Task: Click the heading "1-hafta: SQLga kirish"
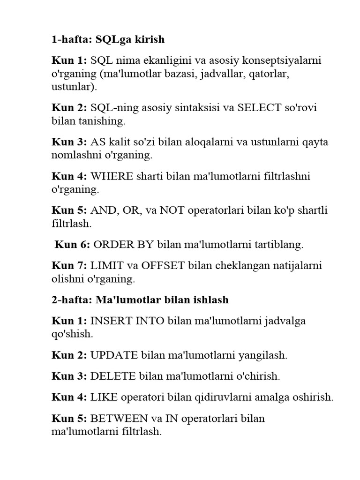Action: click(x=108, y=39)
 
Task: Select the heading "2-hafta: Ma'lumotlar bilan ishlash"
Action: click(x=140, y=300)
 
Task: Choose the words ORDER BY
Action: click(x=124, y=244)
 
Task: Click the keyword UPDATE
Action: click(x=112, y=355)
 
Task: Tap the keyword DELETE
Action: click(x=112, y=376)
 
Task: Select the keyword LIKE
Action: click(x=103, y=397)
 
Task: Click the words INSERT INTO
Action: click(x=127, y=321)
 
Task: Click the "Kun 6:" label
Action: click(x=72, y=244)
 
